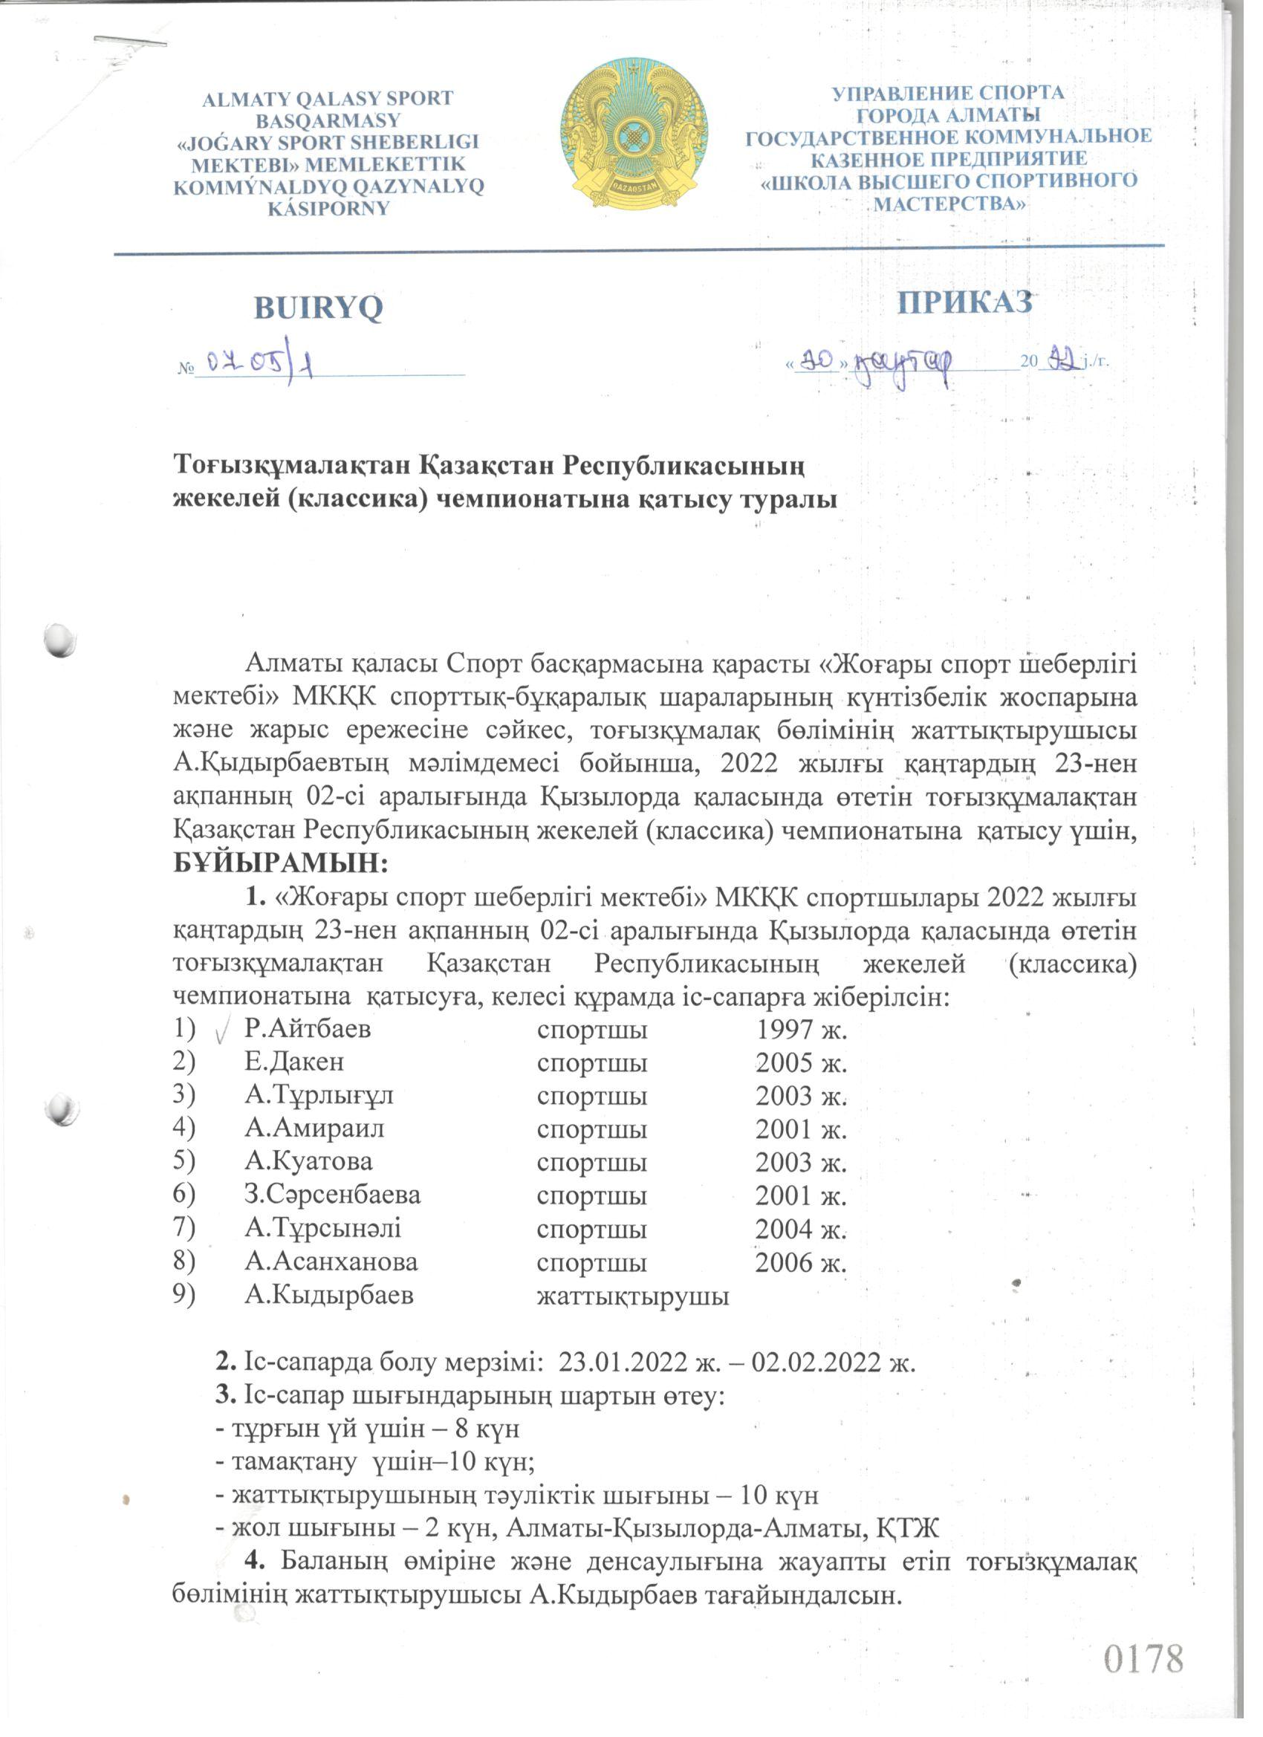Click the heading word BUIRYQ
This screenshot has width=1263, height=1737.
[x=318, y=308]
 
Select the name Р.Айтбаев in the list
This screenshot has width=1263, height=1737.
[x=308, y=1028]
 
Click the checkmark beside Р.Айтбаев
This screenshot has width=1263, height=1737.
[x=221, y=1032]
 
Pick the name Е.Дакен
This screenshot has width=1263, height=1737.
[x=294, y=1062]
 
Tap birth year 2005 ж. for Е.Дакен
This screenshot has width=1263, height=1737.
[x=801, y=1063]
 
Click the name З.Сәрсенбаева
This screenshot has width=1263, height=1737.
[x=332, y=1195]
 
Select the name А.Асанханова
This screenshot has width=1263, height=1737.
[x=331, y=1262]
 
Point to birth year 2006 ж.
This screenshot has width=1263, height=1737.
[x=800, y=1262]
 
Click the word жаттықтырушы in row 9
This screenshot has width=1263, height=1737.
[x=633, y=1296]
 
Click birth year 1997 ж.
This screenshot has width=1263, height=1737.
[x=801, y=1029]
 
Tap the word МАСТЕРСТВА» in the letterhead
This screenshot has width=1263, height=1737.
[x=949, y=204]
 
